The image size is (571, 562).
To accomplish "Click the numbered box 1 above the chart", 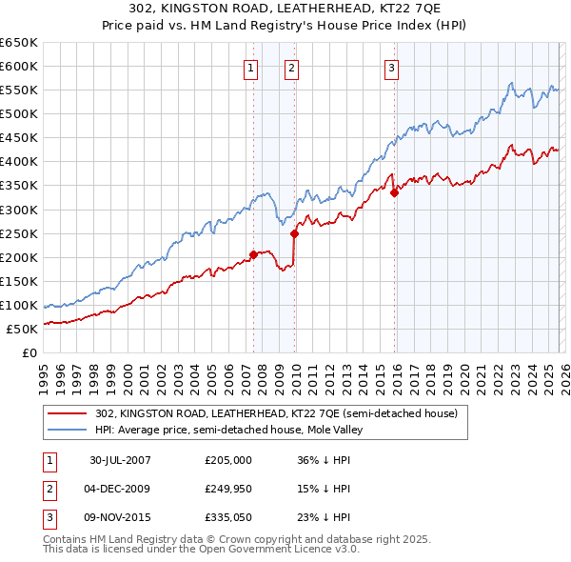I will [250, 68].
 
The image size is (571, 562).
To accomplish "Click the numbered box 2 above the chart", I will [290, 68].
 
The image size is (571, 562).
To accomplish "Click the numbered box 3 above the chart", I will [391, 68].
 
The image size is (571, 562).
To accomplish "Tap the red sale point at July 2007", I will [253, 254].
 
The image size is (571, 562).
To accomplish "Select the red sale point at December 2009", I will [294, 232].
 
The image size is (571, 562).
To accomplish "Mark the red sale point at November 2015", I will [394, 192].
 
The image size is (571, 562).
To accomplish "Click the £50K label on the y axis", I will [23, 329].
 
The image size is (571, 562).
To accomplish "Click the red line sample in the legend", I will [69, 413].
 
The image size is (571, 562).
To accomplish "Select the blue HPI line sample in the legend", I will [69, 430].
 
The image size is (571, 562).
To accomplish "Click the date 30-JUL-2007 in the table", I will [120, 459].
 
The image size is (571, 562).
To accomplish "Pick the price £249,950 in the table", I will [228, 489].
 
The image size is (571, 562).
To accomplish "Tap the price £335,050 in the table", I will [228, 518].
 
